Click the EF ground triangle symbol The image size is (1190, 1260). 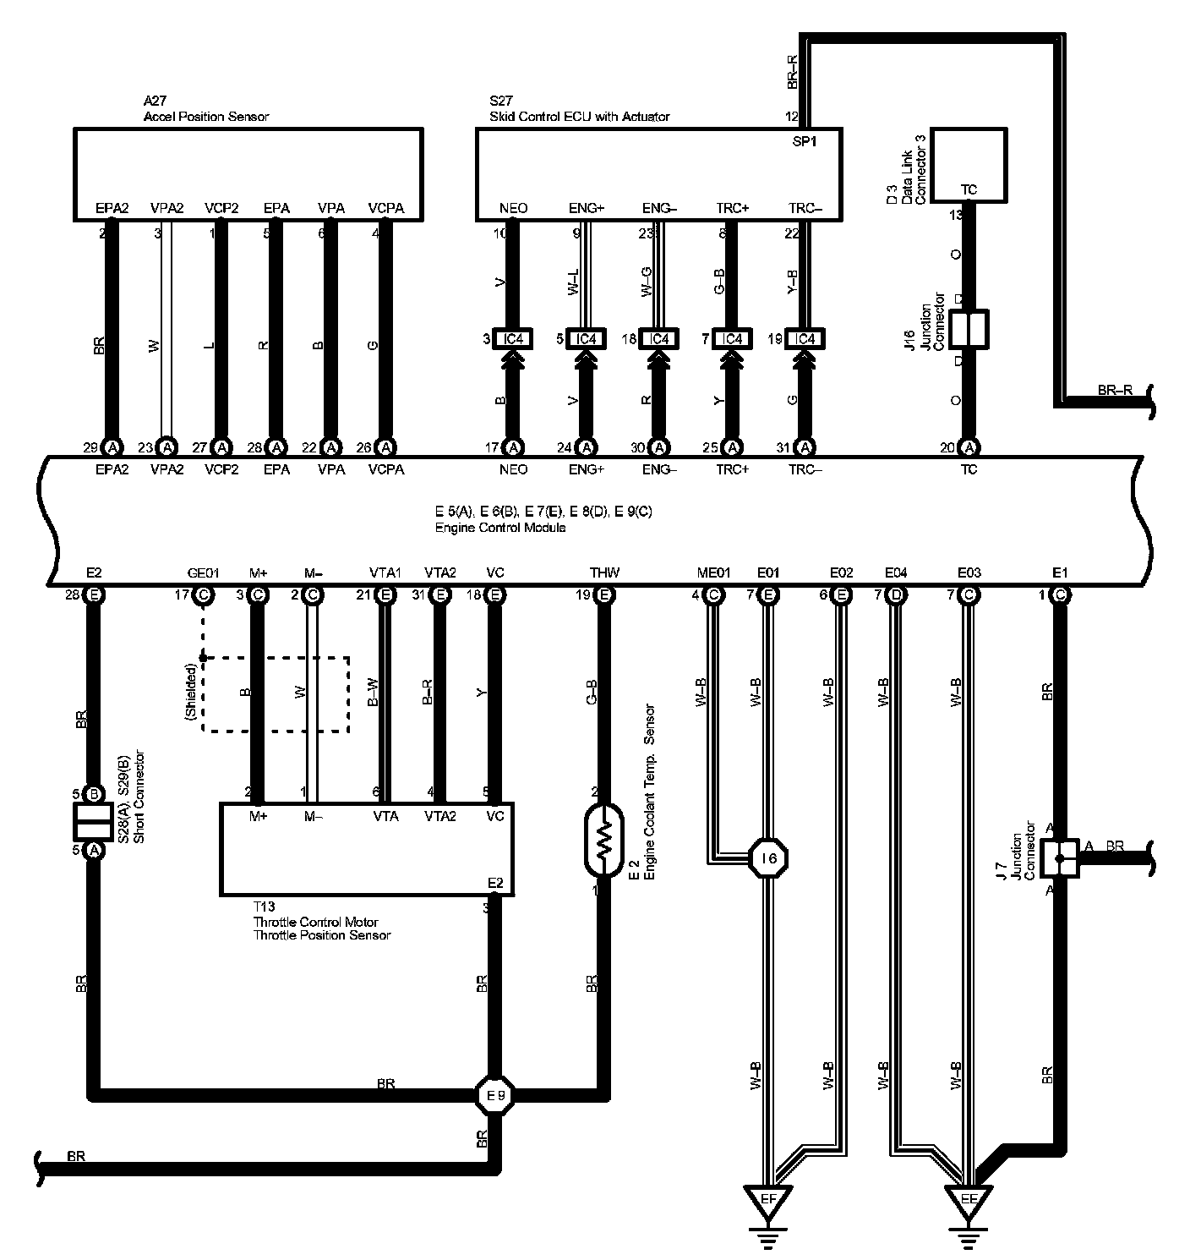pyautogui.click(x=768, y=1199)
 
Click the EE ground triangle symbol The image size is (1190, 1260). pyautogui.click(x=969, y=1199)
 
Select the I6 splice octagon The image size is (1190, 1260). pyautogui.click(x=768, y=858)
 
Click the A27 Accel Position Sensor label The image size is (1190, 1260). pyautogui.click(x=206, y=109)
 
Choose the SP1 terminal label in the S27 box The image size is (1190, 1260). pyautogui.click(x=804, y=142)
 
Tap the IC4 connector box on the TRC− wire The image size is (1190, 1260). pyautogui.click(x=805, y=339)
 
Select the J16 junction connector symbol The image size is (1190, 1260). pyautogui.click(x=969, y=328)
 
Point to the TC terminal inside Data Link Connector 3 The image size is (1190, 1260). pyautogui.click(x=969, y=189)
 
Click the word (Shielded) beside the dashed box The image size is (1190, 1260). pyautogui.click(x=192, y=693)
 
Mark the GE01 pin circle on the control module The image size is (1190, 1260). pyautogui.click(x=203, y=594)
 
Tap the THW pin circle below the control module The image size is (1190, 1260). pyautogui.click(x=604, y=594)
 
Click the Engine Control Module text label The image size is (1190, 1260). pyautogui.click(x=500, y=528)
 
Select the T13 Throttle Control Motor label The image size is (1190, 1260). pyautogui.click(x=321, y=922)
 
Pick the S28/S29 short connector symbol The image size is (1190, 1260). pyautogui.click(x=94, y=821)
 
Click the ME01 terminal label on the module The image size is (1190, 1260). pyautogui.click(x=713, y=573)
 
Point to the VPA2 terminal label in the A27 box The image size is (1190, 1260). pyautogui.click(x=166, y=208)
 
